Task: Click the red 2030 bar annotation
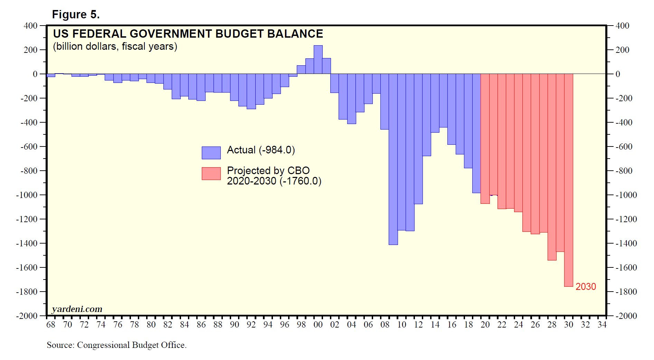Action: pos(586,287)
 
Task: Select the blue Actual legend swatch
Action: pos(211,153)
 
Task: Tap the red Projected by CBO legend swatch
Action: pos(211,173)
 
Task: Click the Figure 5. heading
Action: pos(76,15)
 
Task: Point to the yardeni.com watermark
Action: pos(77,309)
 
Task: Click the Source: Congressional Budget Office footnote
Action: pos(116,345)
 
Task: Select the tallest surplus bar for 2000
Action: pos(318,59)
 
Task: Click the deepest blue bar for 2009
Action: pos(393,159)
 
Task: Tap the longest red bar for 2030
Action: pos(569,180)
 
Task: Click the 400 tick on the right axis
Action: pos(622,26)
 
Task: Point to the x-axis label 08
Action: pos(385,325)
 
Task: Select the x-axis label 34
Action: pos(602,325)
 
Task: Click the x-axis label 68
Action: pos(51,325)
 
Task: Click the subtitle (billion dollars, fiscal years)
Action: pos(115,46)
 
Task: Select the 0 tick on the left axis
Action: pos(35,74)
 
